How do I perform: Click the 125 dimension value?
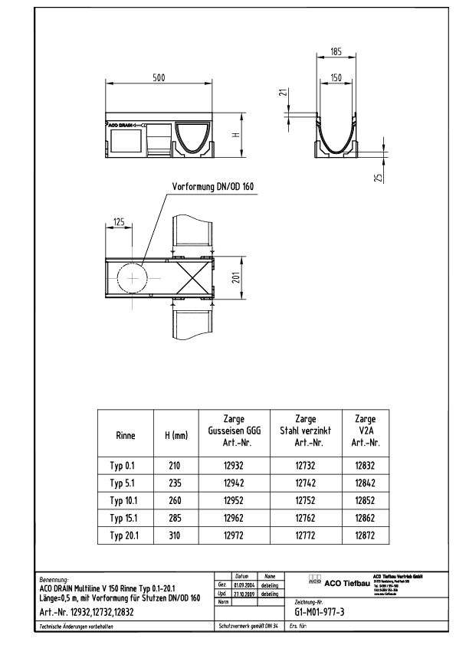click(118, 221)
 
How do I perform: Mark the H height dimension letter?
click(237, 134)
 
